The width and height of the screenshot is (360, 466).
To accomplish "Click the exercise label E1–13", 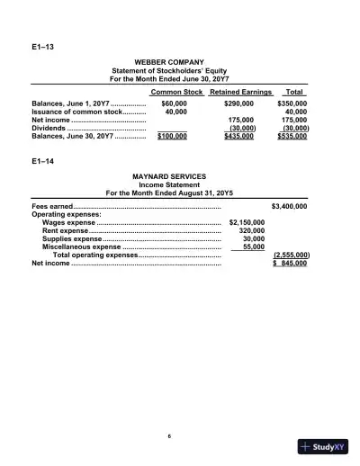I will click(41, 43).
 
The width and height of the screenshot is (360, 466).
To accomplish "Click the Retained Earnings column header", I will click(240, 93).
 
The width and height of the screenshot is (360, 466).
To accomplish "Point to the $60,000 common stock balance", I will click(174, 104).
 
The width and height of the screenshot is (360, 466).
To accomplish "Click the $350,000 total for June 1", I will click(292, 104).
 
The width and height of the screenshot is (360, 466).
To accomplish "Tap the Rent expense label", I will click(65, 230).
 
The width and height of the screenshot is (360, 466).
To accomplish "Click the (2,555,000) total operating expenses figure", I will click(291, 255).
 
